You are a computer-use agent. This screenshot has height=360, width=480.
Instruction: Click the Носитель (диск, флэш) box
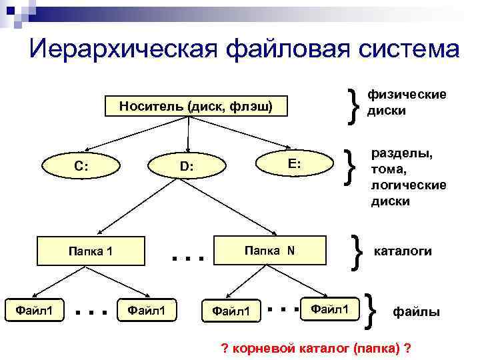click(x=194, y=107)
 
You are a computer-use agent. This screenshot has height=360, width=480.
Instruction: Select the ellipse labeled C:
click(x=83, y=167)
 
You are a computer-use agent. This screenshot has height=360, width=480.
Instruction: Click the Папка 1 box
click(x=91, y=251)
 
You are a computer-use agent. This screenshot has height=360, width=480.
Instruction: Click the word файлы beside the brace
click(x=417, y=311)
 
